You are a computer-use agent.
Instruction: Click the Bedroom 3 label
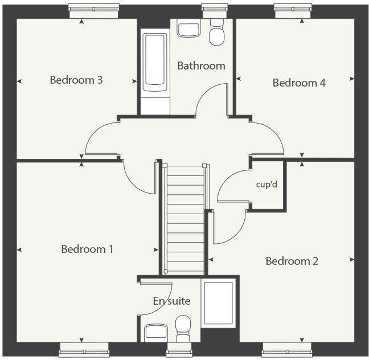[x=76, y=80]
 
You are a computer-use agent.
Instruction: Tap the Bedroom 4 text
[x=299, y=83]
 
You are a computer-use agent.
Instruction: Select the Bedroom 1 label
[x=88, y=249]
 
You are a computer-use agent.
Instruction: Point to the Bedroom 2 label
[x=292, y=261]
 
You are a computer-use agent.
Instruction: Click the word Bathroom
[x=201, y=66]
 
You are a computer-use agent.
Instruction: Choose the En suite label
[x=171, y=301]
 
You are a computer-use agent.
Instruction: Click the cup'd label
[x=265, y=185]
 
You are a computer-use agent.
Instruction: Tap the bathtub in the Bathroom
[x=155, y=63]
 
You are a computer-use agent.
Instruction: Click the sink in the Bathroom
[x=188, y=28]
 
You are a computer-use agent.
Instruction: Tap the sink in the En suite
[x=155, y=332]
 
